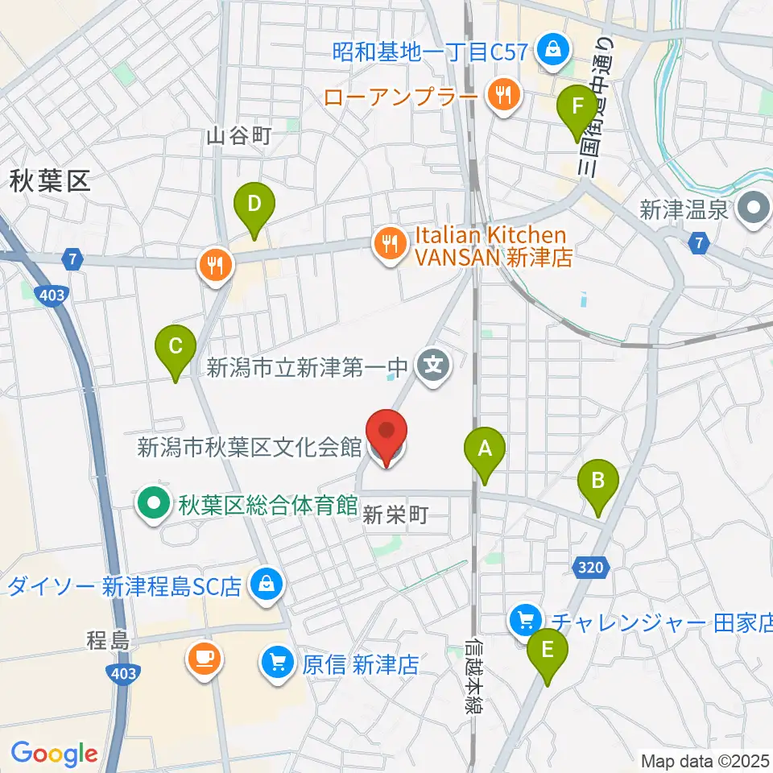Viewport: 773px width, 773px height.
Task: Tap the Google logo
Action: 54,754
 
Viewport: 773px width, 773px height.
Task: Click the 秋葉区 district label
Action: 49,181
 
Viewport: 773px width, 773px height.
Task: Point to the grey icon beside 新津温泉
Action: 754,211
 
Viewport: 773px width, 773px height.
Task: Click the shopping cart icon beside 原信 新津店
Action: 278,664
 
